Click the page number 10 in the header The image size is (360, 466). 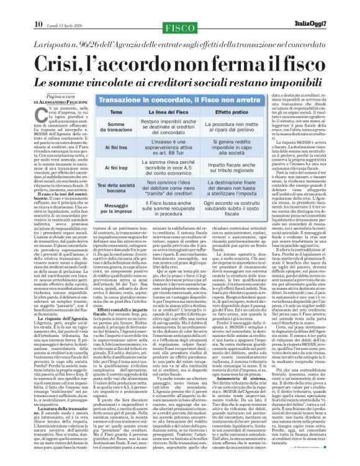pyautogui.click(x=12, y=7)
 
